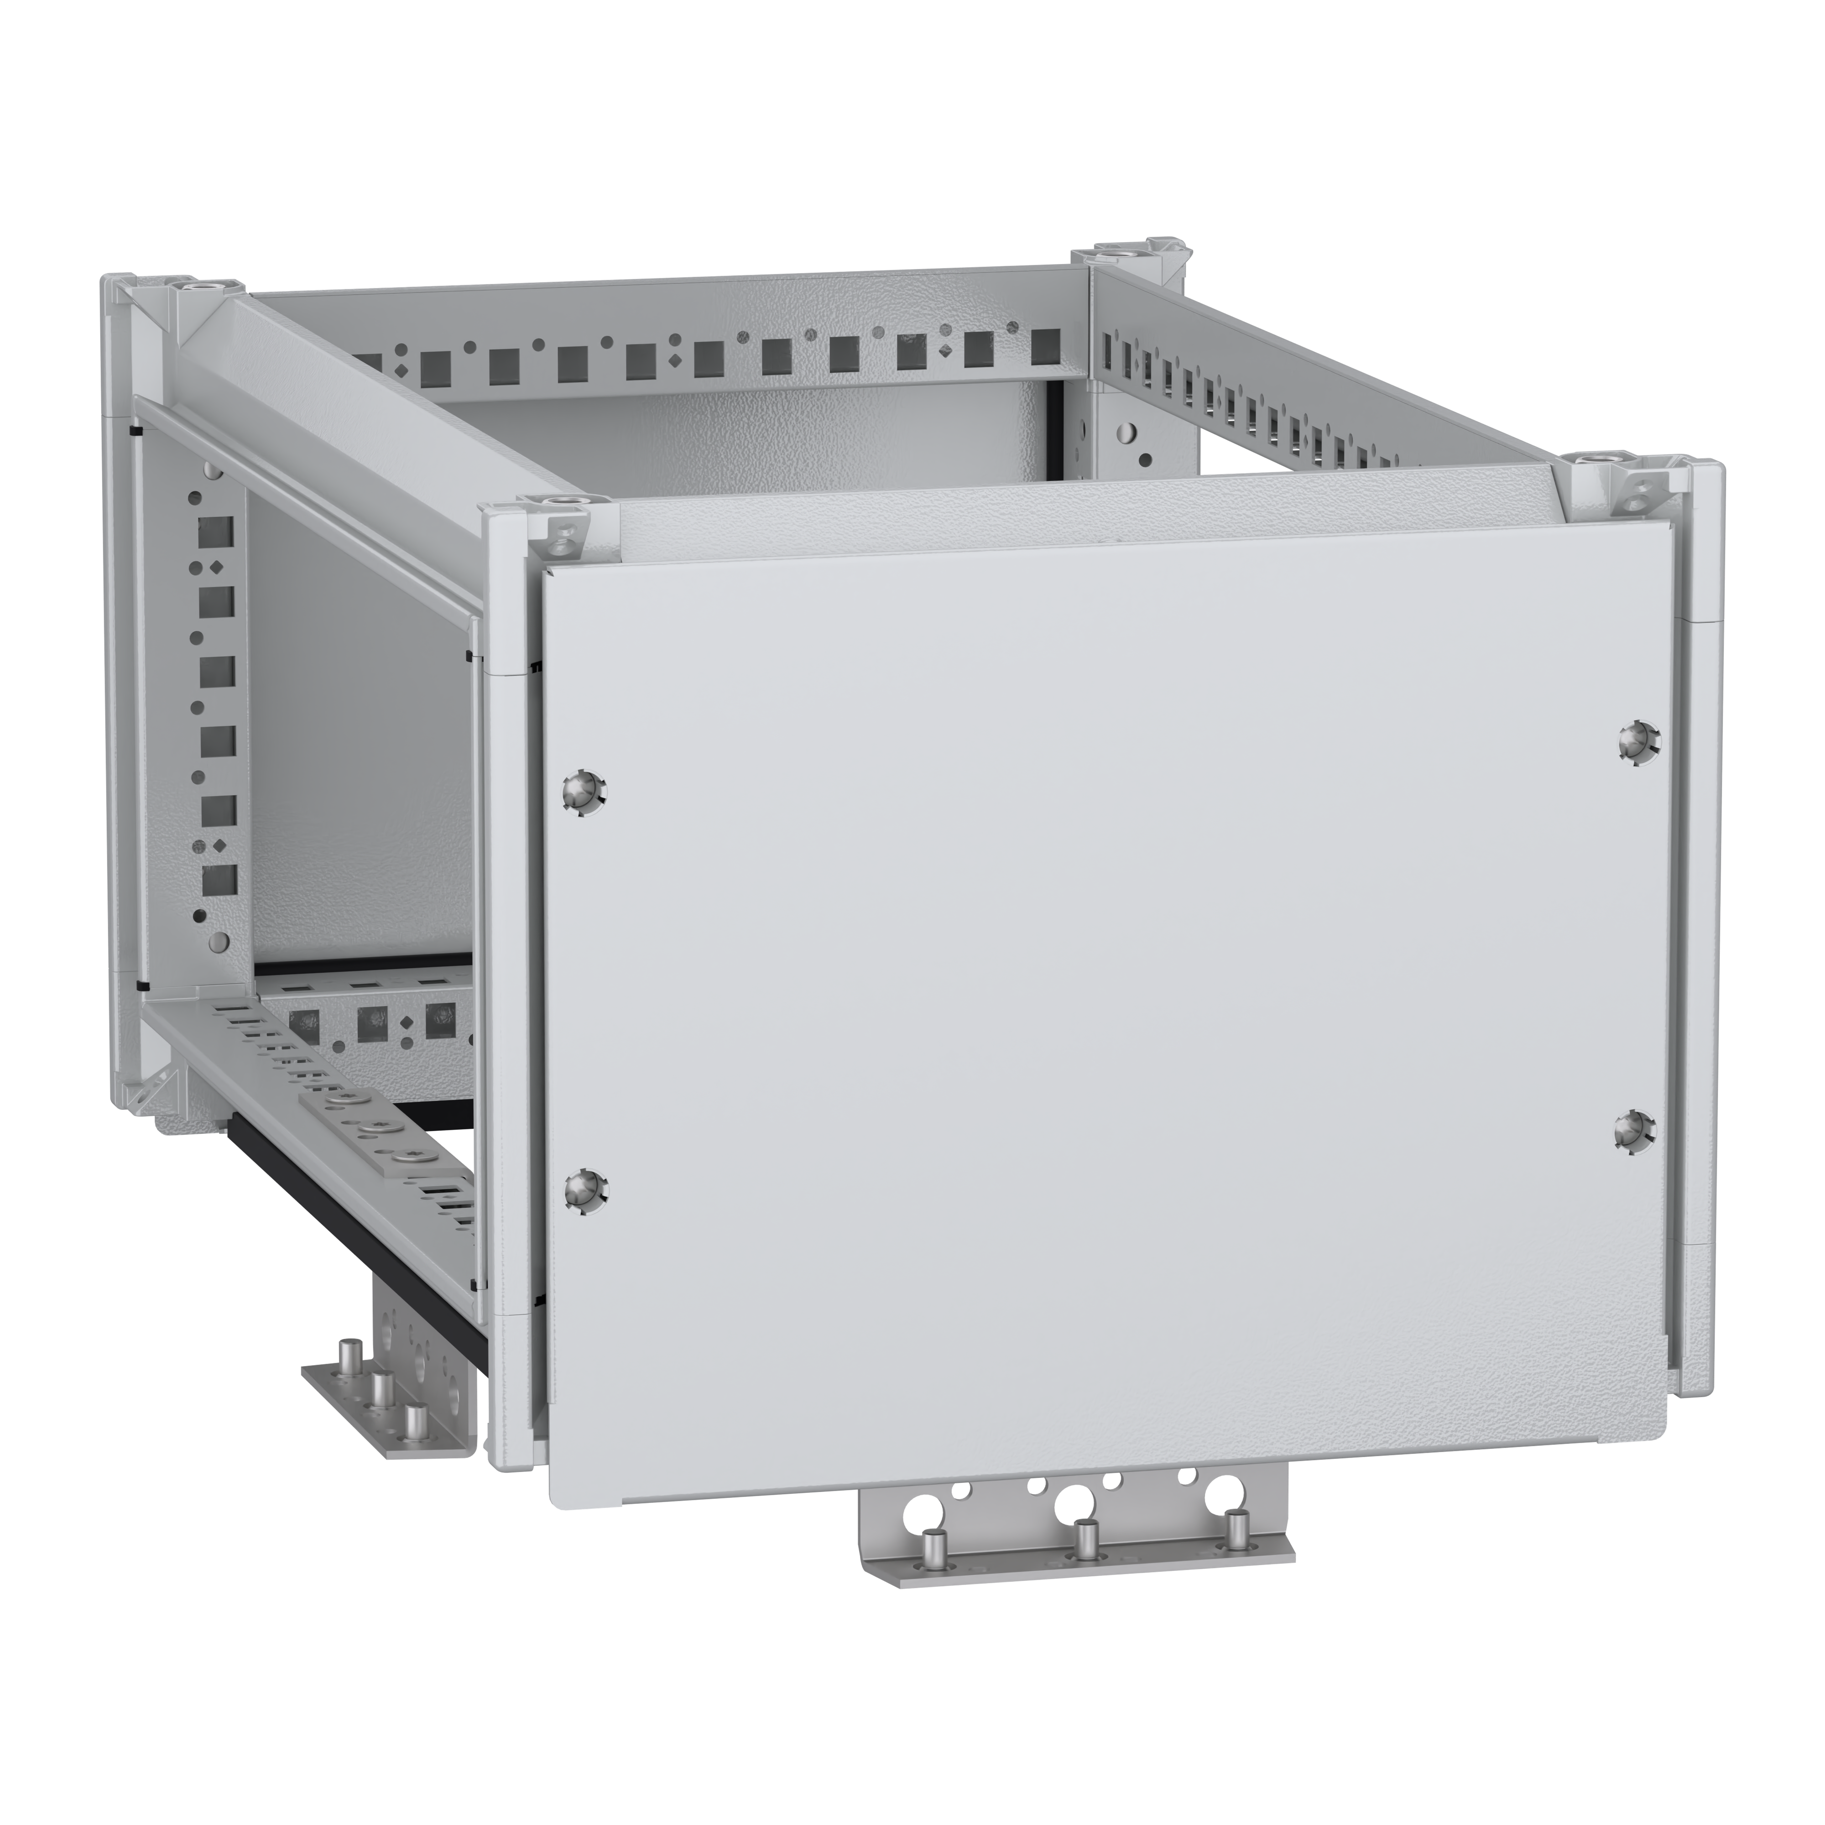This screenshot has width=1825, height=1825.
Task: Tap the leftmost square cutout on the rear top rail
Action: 370,361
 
